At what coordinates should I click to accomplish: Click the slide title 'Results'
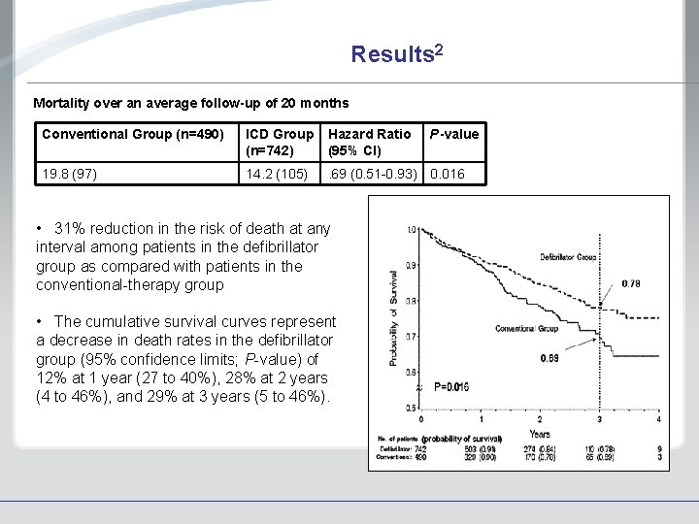tap(397, 53)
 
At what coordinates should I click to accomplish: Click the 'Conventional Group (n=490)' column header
tap(133, 134)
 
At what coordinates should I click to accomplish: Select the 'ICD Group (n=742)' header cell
tap(280, 142)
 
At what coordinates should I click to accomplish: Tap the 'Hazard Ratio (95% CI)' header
tap(369, 142)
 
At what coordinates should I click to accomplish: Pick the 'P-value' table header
tap(454, 134)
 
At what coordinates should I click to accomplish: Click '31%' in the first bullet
tap(71, 229)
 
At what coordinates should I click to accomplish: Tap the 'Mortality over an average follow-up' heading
tap(190, 102)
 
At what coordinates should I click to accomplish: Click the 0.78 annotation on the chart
tap(631, 283)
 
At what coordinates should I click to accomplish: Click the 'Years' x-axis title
tap(540, 434)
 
